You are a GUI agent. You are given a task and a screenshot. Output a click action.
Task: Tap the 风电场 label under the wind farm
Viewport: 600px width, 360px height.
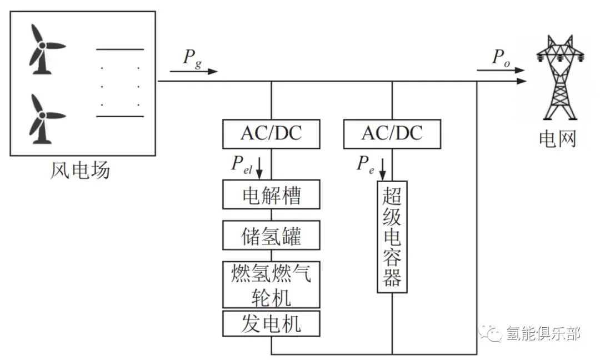tap(80, 170)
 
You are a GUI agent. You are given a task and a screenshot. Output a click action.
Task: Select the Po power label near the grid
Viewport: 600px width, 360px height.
tap(501, 57)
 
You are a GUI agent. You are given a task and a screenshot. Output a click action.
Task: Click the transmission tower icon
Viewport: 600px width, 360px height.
tap(559, 78)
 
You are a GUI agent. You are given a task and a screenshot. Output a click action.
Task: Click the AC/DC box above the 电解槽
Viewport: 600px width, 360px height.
tap(271, 134)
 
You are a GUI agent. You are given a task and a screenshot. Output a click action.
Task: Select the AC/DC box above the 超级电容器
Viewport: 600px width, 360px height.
tap(392, 134)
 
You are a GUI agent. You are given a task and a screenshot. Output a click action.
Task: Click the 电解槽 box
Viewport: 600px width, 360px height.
tap(271, 194)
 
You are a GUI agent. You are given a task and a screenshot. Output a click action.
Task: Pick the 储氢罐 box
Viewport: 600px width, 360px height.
tap(271, 236)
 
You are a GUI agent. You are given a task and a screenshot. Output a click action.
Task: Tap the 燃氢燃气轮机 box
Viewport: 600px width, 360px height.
tap(271, 284)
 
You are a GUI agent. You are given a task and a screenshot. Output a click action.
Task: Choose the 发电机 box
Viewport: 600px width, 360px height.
tap(271, 324)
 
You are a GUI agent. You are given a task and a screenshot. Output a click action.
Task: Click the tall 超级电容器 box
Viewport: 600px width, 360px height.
tap(392, 237)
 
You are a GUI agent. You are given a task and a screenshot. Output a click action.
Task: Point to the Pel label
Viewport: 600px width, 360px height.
tap(242, 165)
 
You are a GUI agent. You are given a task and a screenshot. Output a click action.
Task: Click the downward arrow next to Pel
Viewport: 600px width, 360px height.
tap(259, 168)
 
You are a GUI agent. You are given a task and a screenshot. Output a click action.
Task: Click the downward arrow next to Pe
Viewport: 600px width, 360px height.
tap(382, 169)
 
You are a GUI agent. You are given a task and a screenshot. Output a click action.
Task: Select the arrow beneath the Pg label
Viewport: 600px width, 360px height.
tap(194, 72)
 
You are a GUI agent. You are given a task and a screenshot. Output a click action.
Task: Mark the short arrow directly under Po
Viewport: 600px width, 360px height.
tap(501, 71)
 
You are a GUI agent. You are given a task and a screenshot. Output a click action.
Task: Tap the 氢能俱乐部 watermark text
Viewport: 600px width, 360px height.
tap(543, 333)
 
